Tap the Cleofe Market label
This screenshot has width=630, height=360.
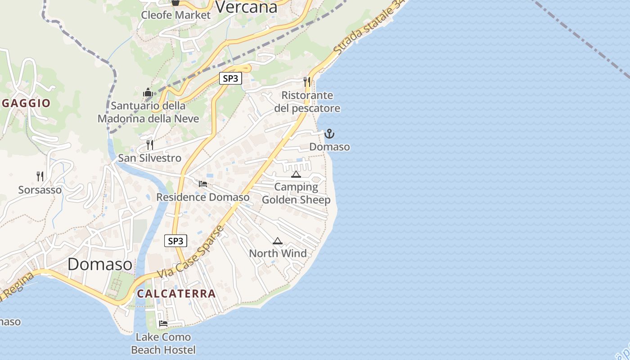click(x=175, y=15)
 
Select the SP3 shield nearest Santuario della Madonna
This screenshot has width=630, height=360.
click(x=230, y=78)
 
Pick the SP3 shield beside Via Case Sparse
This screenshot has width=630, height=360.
click(x=175, y=241)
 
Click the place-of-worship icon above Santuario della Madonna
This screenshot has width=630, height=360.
click(x=148, y=93)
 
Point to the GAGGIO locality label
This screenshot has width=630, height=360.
click(x=26, y=103)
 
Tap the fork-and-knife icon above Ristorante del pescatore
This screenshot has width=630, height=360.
click(x=307, y=81)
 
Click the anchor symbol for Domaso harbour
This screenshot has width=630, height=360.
click(x=329, y=134)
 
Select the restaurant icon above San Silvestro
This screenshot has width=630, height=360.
click(x=150, y=145)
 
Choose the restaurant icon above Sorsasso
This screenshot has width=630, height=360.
click(x=40, y=176)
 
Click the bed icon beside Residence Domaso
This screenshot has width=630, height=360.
click(x=203, y=184)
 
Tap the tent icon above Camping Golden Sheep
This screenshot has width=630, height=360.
click(x=296, y=174)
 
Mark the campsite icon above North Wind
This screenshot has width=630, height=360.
click(x=278, y=241)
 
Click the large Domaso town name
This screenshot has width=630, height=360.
click(x=100, y=264)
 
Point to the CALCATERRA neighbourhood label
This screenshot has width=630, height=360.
click(x=176, y=294)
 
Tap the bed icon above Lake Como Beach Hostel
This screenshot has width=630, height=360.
click(x=163, y=324)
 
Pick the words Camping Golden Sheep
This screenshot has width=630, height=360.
click(x=296, y=193)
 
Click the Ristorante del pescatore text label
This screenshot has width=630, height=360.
click(x=307, y=102)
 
